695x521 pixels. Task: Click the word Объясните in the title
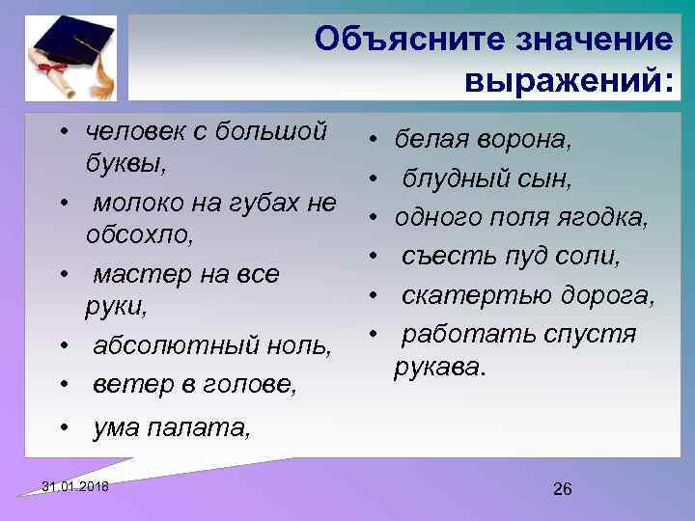pos(395,41)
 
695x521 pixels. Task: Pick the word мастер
pos(138,275)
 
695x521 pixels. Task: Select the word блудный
pos(449,179)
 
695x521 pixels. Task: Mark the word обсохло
pos(139,234)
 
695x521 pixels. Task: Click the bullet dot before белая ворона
pos(373,142)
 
